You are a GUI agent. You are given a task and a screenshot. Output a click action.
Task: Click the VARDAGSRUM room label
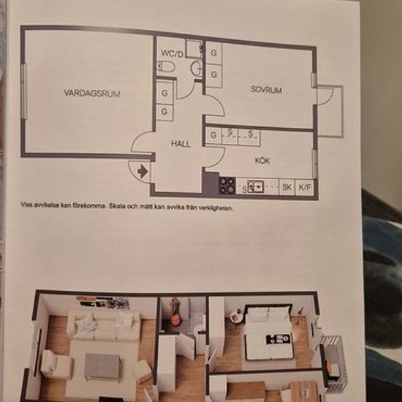tap(92, 93)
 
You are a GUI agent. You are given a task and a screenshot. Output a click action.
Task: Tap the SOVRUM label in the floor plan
tap(266, 90)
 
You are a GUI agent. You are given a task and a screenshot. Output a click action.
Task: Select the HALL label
tap(181, 143)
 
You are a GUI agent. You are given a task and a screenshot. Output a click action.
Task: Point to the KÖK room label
tap(262, 161)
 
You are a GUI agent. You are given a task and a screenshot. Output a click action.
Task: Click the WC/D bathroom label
tap(172, 54)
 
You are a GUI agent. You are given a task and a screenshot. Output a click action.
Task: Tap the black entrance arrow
tap(143, 171)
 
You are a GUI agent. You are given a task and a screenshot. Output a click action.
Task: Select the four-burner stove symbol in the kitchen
tap(227, 185)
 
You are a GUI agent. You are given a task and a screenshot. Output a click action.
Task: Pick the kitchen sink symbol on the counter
tap(255, 186)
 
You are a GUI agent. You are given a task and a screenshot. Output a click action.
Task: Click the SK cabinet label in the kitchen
tap(287, 187)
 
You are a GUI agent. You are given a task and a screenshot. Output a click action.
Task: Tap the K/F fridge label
tap(304, 188)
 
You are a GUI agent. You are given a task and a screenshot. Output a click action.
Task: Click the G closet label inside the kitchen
tap(213, 135)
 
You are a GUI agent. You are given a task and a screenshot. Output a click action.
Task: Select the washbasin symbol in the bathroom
tap(197, 68)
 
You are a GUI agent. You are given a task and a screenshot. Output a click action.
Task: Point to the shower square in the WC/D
tap(194, 48)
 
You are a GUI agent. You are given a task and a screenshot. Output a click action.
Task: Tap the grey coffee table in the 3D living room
tap(103, 366)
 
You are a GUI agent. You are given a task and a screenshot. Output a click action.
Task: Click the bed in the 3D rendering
tap(268, 333)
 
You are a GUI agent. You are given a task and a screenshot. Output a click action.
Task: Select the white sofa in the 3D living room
tap(104, 325)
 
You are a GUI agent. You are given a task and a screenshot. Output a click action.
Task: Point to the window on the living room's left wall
tap(24, 91)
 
